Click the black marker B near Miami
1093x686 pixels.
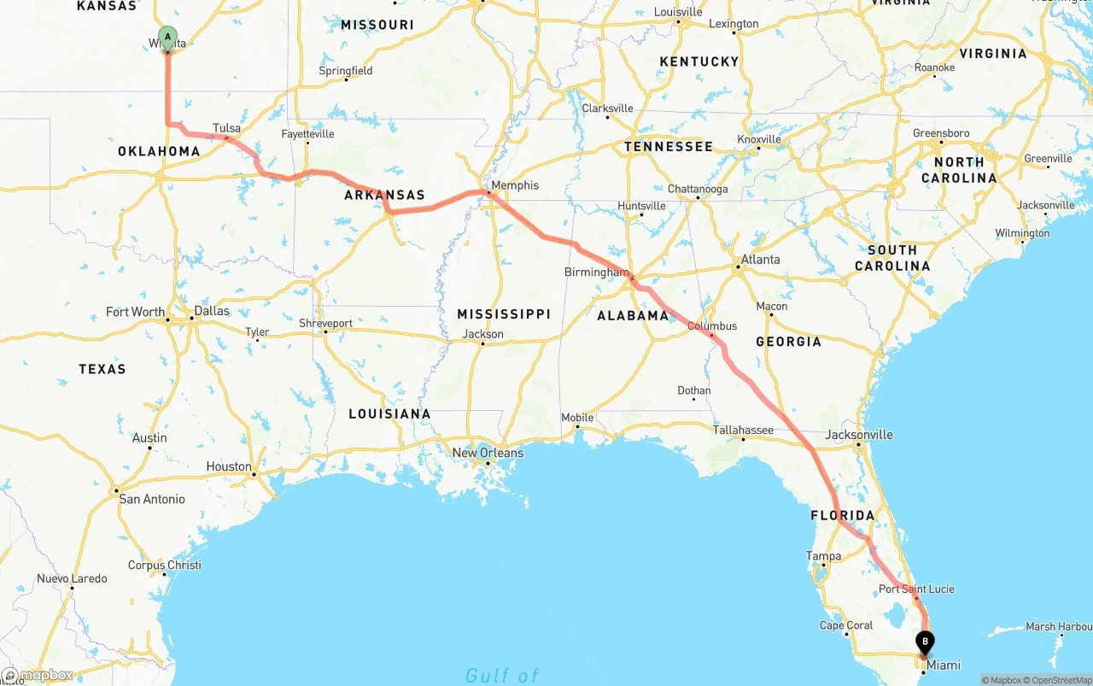coord(925,641)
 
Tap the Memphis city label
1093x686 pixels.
coord(515,185)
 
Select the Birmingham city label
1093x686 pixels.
coord(596,272)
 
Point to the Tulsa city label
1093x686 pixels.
coord(226,128)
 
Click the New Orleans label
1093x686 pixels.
coord(488,452)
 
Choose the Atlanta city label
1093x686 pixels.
coord(760,259)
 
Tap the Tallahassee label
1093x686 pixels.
coord(743,430)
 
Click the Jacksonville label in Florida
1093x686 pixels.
coord(859,434)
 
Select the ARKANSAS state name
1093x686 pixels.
coord(384,195)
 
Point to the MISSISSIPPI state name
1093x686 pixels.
coord(504,314)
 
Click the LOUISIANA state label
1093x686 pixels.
coord(389,413)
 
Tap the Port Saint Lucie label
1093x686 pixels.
coord(916,589)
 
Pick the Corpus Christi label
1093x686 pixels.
coord(165,565)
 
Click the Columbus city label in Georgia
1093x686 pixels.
coord(712,325)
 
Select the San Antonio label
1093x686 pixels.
coord(151,499)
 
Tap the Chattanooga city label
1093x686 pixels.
coord(698,189)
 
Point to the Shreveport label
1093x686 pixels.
coord(325,323)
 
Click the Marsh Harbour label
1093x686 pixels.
coord(1059,626)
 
